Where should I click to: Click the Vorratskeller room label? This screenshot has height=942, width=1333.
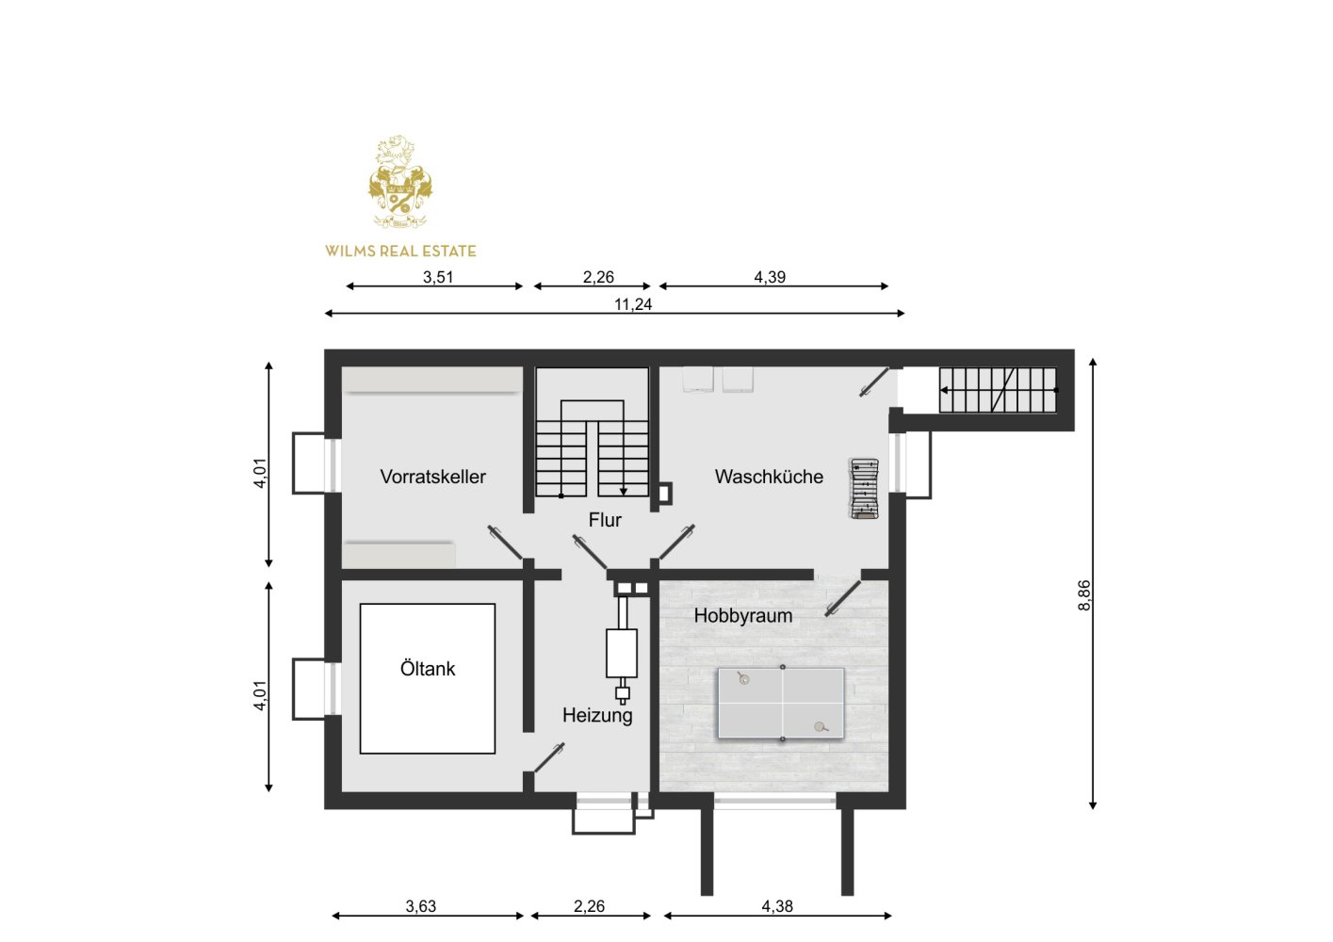(432, 477)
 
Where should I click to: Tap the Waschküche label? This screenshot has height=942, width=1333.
(769, 477)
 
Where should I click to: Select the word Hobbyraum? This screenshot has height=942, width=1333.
(742, 616)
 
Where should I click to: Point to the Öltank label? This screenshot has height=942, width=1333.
(428, 668)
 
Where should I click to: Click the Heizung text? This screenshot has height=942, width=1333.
(597, 715)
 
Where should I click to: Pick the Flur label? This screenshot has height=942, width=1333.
(605, 520)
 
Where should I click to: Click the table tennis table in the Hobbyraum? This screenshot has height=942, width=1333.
(781, 704)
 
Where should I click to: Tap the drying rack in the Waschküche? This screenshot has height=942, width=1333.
(864, 489)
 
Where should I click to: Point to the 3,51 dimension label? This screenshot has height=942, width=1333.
(438, 277)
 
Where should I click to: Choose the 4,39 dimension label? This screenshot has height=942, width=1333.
(770, 277)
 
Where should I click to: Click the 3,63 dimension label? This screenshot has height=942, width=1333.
(421, 906)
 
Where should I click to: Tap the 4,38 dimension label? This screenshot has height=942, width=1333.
(777, 906)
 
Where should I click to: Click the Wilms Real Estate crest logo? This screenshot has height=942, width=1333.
(399, 182)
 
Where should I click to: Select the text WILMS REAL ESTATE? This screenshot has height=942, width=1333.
(400, 252)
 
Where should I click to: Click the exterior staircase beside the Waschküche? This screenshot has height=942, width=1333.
(998, 390)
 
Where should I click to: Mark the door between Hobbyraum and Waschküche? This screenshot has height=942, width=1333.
(843, 598)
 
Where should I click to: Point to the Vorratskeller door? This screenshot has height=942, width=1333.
(505, 542)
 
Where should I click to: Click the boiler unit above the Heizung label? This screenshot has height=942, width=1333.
(622, 654)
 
